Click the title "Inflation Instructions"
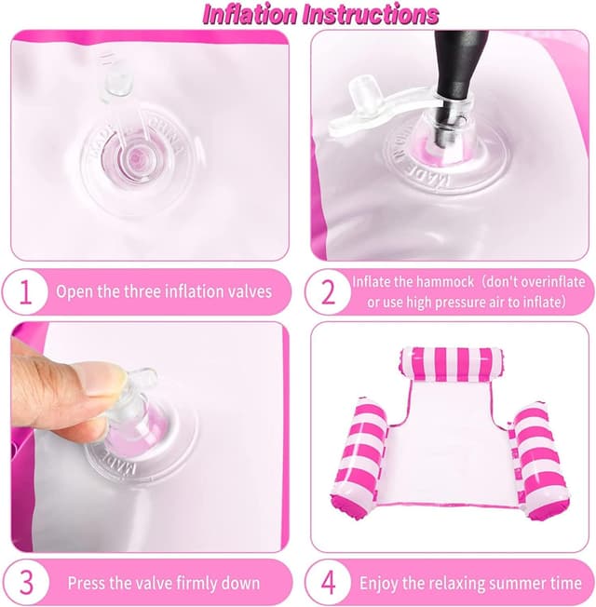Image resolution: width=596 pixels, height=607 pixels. pyautogui.click(x=320, y=15)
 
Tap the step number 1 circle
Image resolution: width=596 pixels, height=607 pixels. pyautogui.click(x=25, y=291)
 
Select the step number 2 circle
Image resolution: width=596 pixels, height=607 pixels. pyautogui.click(x=328, y=292)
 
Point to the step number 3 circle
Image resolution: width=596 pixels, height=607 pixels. pyautogui.click(x=26, y=583)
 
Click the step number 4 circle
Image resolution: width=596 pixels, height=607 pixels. pyautogui.click(x=328, y=583)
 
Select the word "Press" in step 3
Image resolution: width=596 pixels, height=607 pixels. pyautogui.click(x=87, y=583)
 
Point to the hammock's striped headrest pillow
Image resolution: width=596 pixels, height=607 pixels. pyautogui.click(x=452, y=364)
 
